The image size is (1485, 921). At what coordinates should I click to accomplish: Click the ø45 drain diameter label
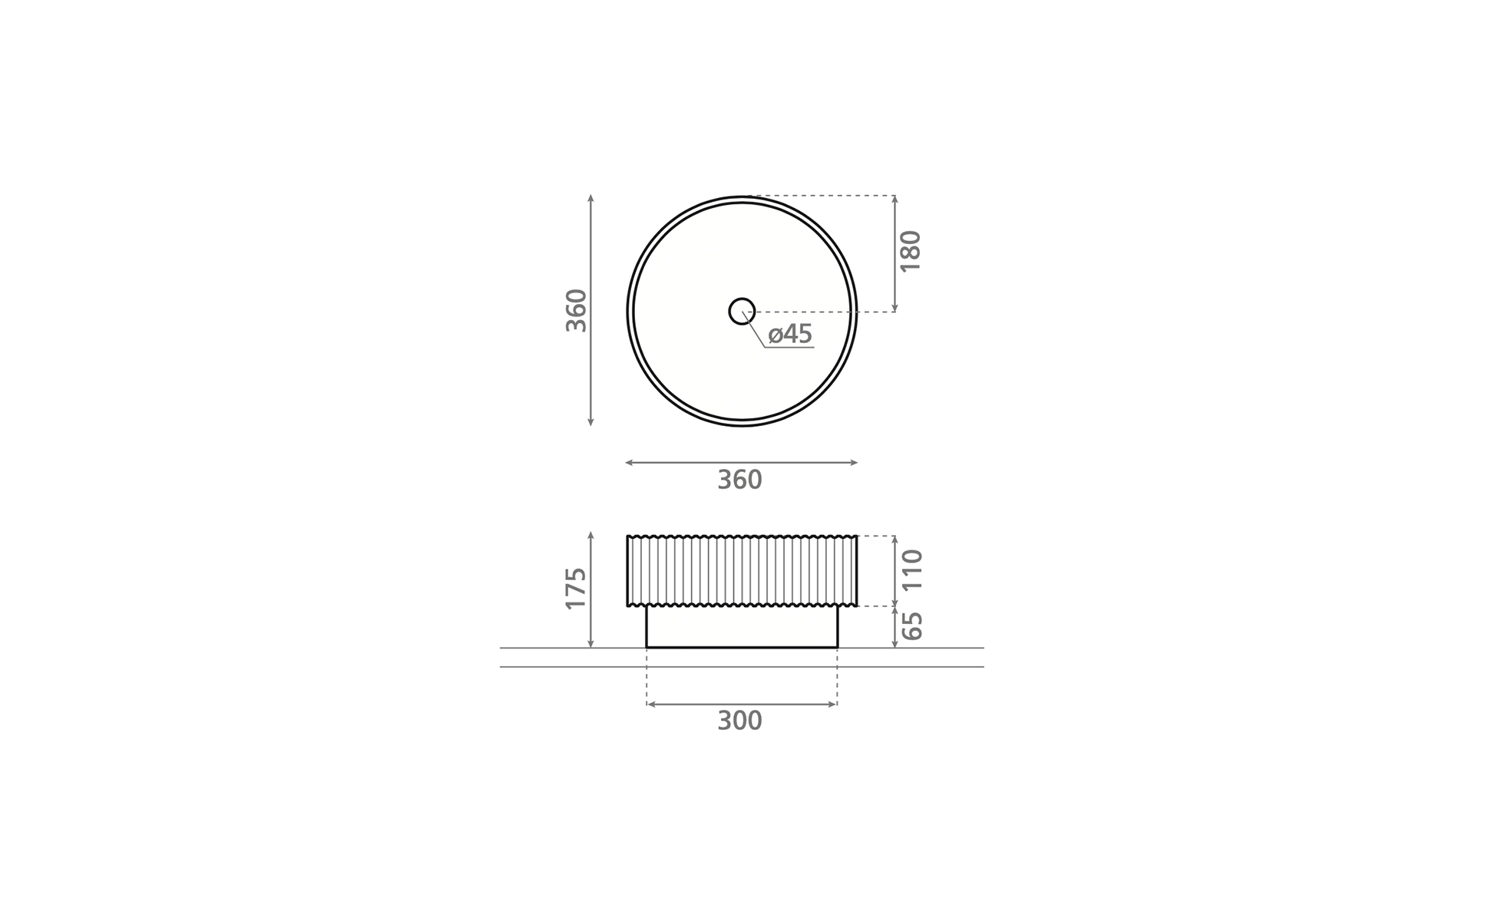click(x=790, y=334)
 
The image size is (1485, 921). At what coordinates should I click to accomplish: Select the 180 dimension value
click(x=910, y=251)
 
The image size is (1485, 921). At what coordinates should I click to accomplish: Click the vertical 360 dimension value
click(x=576, y=310)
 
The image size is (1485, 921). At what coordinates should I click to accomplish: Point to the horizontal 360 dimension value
click(x=739, y=480)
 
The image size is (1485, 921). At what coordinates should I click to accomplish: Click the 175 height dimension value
click(x=576, y=589)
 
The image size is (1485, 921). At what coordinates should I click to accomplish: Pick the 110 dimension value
click(x=912, y=569)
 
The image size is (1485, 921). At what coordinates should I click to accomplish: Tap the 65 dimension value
click(x=912, y=626)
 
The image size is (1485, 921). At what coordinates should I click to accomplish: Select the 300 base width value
click(x=739, y=721)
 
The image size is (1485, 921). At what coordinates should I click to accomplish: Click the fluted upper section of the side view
click(x=742, y=571)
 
